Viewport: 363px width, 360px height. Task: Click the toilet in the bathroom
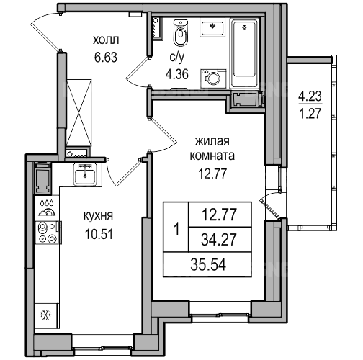click(180, 33)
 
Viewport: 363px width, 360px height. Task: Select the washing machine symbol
click(213, 78)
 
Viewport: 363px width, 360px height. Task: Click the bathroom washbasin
click(212, 29)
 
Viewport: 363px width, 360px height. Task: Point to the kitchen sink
click(85, 174)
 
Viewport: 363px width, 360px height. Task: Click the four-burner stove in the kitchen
click(48, 233)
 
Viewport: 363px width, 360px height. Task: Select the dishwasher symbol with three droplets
click(48, 208)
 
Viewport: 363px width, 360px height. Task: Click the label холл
click(106, 40)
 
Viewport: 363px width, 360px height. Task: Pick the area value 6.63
click(106, 58)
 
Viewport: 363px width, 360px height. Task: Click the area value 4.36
click(176, 74)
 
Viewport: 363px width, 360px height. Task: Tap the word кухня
click(98, 216)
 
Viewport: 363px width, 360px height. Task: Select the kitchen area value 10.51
click(99, 234)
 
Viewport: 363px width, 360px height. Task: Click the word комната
click(212, 156)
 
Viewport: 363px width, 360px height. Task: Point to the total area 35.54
click(208, 265)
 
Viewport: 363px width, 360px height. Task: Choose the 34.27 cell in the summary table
click(219, 240)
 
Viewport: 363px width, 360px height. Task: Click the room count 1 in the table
click(177, 230)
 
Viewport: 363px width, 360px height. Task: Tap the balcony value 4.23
click(310, 97)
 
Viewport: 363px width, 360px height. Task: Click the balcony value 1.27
click(310, 113)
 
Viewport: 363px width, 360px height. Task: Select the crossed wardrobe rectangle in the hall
click(79, 112)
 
